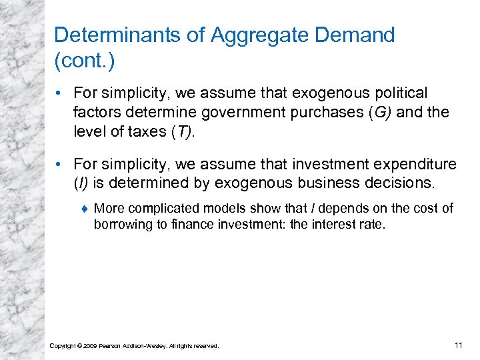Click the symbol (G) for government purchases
[x=379, y=112]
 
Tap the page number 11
[x=457, y=345]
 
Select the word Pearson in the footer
[x=111, y=346]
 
